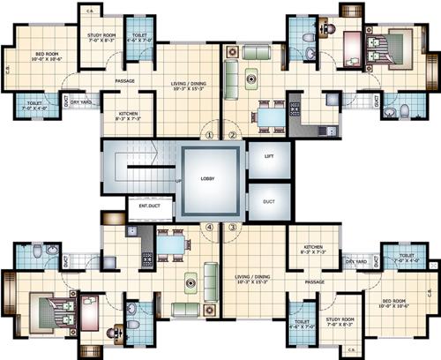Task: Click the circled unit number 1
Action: [209, 135]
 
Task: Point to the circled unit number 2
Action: [233, 135]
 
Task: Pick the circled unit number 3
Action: [233, 226]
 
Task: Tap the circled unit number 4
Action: [209, 226]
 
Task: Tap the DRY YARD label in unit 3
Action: [355, 262]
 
